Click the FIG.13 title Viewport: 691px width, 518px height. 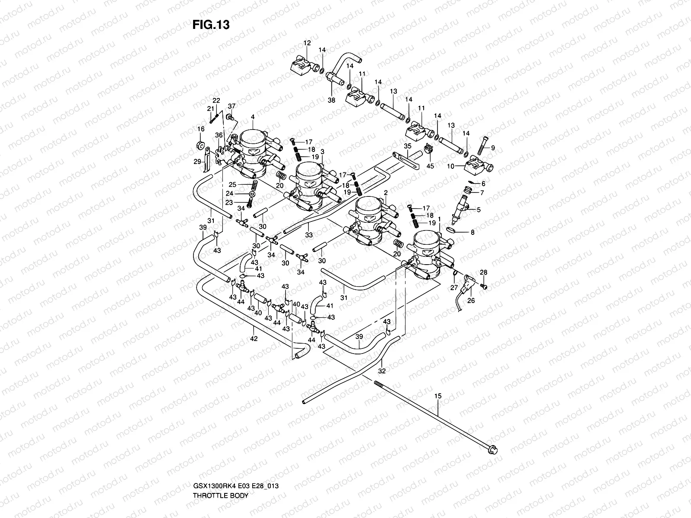(x=211, y=25)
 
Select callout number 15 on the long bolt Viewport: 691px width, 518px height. (x=438, y=395)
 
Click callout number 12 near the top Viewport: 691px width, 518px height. (x=307, y=43)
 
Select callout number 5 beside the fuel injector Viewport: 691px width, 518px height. (x=479, y=210)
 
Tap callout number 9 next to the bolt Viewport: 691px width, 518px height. (x=493, y=148)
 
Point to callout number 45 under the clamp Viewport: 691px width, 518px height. (x=430, y=166)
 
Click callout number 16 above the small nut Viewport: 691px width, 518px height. (x=201, y=129)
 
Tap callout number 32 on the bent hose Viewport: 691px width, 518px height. (x=382, y=370)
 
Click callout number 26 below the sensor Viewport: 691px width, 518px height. (x=471, y=300)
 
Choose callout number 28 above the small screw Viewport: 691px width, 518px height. (x=484, y=272)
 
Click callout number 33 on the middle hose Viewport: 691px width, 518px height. (x=308, y=235)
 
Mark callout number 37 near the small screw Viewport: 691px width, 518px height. (x=232, y=107)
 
